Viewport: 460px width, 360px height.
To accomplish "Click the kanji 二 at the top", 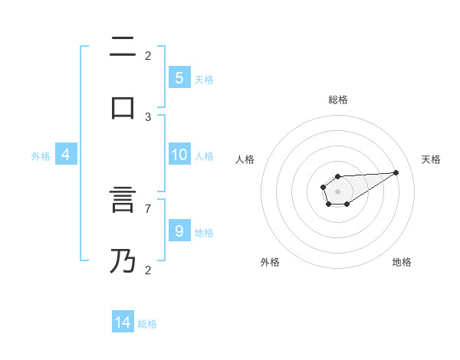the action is [x=123, y=48].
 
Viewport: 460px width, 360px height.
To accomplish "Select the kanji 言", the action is [x=123, y=204].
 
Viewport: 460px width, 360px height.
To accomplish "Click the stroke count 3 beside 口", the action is [x=148, y=117].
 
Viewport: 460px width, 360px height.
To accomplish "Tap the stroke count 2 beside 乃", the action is [x=148, y=270].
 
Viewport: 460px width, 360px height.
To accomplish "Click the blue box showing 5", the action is [x=179, y=77].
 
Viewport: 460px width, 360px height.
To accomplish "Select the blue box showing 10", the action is [x=179, y=155].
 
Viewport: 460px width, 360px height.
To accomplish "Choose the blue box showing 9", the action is [x=179, y=231].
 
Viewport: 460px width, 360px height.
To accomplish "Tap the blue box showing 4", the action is [x=66, y=155].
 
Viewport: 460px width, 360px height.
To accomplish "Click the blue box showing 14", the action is [x=123, y=322].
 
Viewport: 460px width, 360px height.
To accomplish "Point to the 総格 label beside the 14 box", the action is [x=147, y=324].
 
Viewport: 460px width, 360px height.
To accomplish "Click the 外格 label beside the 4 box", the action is [x=41, y=156].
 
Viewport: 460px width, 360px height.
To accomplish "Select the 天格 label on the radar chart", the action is [x=431, y=159].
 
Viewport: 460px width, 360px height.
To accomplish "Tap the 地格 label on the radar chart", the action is [x=402, y=262].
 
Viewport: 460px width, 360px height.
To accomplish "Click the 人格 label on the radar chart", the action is [x=245, y=159].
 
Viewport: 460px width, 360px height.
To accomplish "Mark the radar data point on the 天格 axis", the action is [x=396, y=172].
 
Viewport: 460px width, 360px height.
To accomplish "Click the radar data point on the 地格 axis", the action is [x=347, y=204].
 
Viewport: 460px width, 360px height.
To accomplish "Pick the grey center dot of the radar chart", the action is [x=337, y=190].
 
